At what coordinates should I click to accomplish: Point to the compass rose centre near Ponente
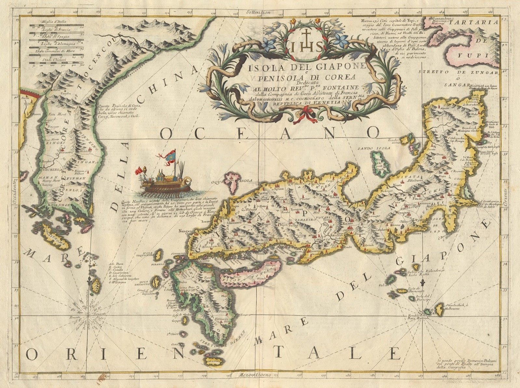(88, 315)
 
